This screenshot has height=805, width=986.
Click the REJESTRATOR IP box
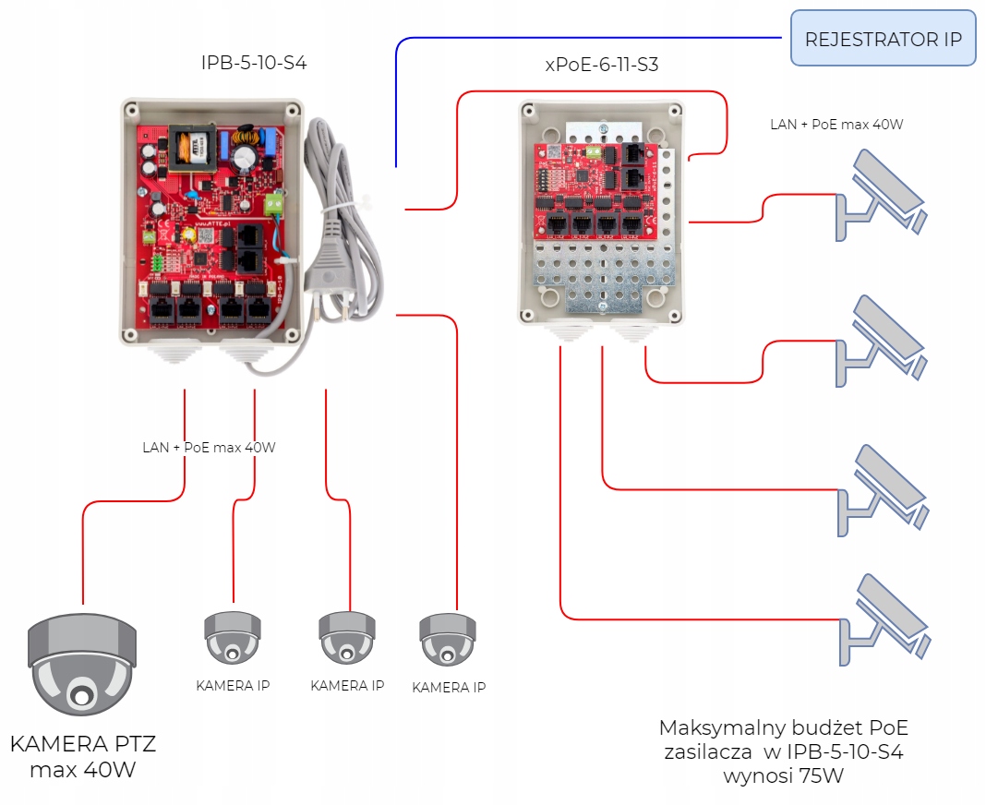pyautogui.click(x=883, y=38)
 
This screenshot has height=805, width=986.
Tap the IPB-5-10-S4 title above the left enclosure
pyautogui.click(x=253, y=63)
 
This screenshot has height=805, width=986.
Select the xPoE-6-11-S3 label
pyautogui.click(x=602, y=65)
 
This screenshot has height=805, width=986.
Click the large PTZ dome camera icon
pyautogui.click(x=82, y=664)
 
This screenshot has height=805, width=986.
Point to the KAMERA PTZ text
pyautogui.click(x=83, y=744)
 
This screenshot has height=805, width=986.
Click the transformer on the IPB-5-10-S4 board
pyautogui.click(x=192, y=148)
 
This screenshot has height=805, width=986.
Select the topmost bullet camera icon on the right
pyautogui.click(x=881, y=195)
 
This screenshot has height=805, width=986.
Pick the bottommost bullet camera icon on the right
pyautogui.click(x=884, y=619)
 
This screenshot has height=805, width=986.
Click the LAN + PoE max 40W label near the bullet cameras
pyautogui.click(x=836, y=125)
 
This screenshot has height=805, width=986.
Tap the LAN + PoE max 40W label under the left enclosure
pyautogui.click(x=209, y=447)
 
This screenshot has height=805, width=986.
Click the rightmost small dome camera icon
pyautogui.click(x=448, y=639)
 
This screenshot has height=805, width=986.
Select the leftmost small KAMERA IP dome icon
pyautogui.click(x=232, y=638)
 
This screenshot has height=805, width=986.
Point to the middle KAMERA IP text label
pyautogui.click(x=347, y=686)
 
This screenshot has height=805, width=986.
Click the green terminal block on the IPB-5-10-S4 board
pyautogui.click(x=274, y=203)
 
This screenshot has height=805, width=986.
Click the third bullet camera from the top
pyautogui.click(x=883, y=490)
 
